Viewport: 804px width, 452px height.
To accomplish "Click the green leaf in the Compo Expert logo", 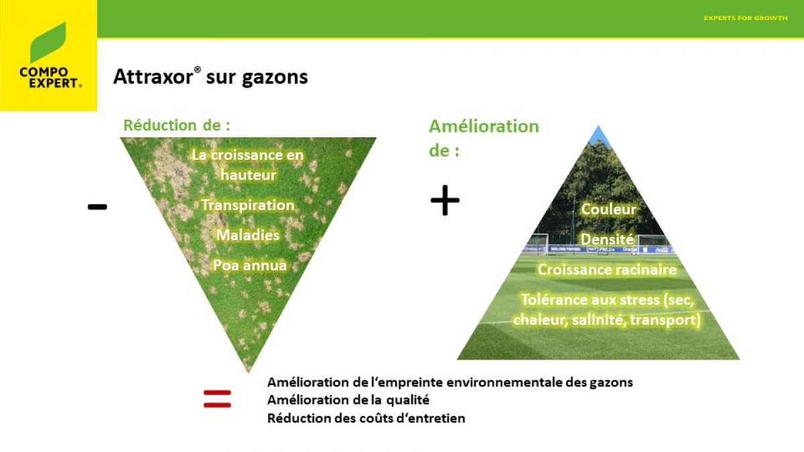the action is [48, 43].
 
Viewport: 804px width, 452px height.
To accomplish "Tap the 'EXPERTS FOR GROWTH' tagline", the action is [746, 18].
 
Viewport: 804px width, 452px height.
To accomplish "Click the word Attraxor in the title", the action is [153, 77].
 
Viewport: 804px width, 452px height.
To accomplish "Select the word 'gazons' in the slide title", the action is [275, 78].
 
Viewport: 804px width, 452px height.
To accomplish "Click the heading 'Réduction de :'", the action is [177, 126].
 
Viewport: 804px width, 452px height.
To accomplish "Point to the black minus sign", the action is [97, 207].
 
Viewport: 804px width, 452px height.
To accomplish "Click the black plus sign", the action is [445, 200].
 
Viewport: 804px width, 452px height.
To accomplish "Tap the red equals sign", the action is [217, 399].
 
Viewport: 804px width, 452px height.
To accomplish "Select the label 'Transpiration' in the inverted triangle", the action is [248, 205].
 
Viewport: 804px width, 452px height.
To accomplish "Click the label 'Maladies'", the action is [248, 235].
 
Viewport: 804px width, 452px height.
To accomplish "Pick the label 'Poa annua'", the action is [250, 265].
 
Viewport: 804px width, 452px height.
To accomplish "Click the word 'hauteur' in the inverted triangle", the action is [249, 175].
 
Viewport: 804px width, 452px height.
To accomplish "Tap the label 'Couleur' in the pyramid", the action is [609, 210].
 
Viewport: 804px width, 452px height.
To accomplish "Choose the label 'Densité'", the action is [607, 239].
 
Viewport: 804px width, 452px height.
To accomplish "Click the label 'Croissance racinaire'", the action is [607, 270].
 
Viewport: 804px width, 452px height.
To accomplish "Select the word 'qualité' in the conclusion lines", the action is [408, 400].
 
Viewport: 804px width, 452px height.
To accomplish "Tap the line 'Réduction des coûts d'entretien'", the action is [366, 419].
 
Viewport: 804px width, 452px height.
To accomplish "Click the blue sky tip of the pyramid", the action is [598, 135].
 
